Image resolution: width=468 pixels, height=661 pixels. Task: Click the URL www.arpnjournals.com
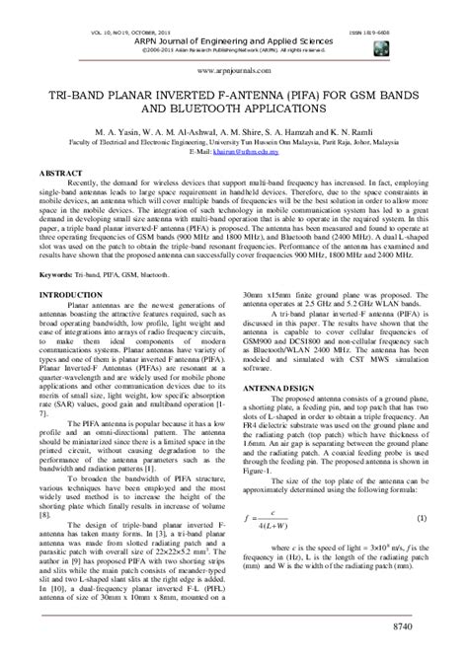coord(234,71)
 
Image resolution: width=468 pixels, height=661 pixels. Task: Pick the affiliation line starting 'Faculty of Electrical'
coord(234,143)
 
